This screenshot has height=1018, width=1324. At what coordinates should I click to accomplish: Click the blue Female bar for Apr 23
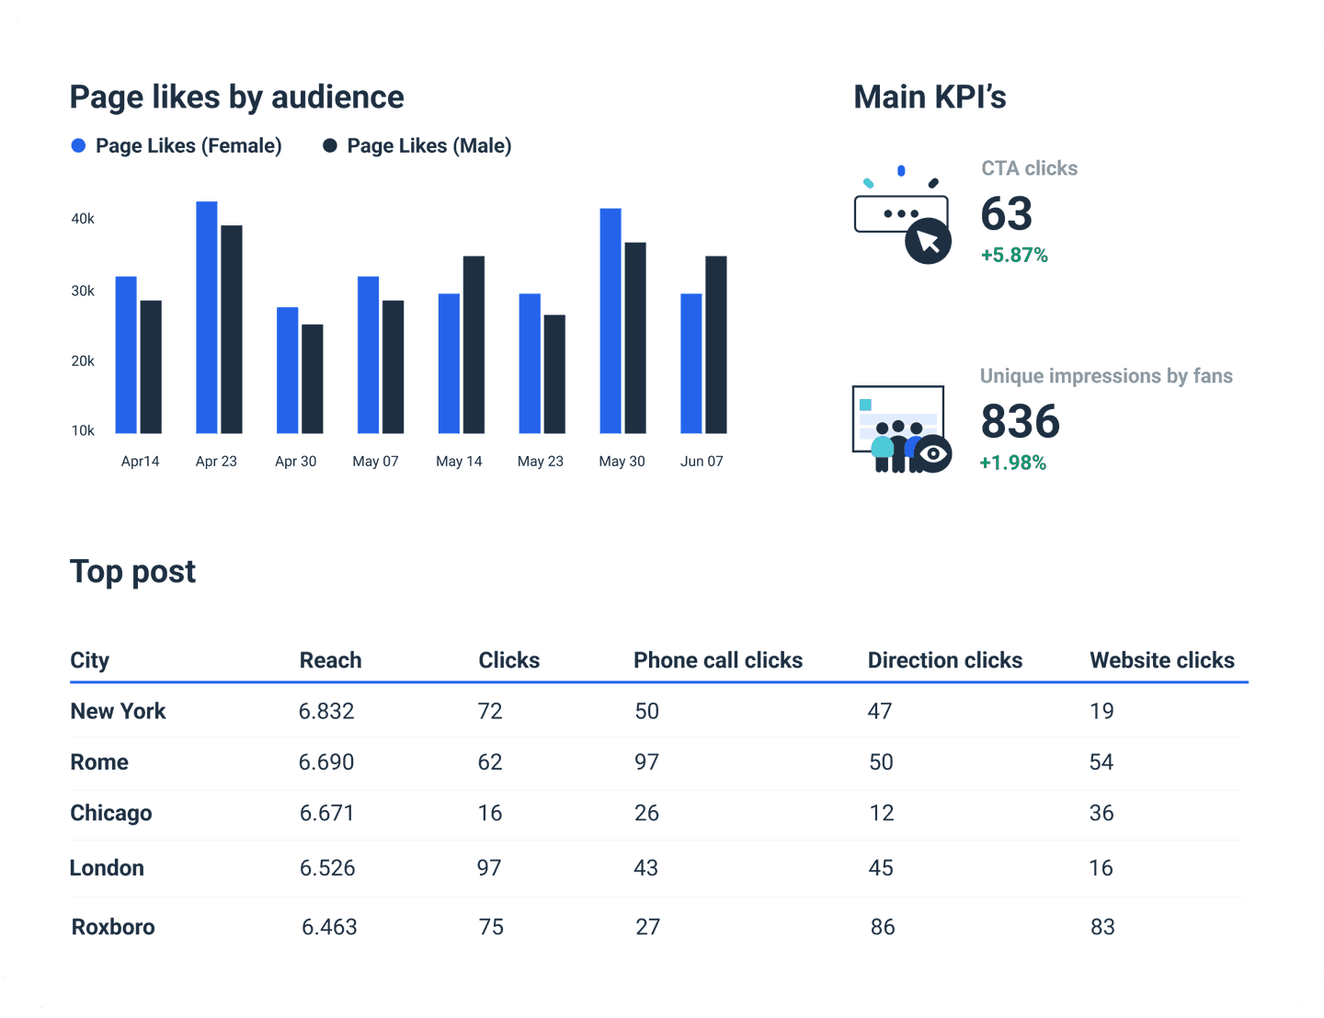[x=207, y=317]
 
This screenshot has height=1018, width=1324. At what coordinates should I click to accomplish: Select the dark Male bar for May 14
[x=474, y=345]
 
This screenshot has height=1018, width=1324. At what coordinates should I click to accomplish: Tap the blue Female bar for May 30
[x=611, y=321]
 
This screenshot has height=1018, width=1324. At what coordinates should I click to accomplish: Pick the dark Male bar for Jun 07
[x=716, y=345]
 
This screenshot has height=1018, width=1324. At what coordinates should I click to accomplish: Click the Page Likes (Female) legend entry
[x=177, y=146]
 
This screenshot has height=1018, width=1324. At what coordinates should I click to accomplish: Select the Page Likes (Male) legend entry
[x=417, y=146]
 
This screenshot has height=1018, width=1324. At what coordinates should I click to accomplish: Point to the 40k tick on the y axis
[x=83, y=219]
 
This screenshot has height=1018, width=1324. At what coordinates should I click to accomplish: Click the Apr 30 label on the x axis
[x=295, y=462]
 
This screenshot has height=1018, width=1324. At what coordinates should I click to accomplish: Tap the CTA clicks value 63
[x=1007, y=214]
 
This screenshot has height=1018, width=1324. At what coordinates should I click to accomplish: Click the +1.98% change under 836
[x=1013, y=463]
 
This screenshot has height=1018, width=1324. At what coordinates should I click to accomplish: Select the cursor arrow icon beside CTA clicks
[x=928, y=241]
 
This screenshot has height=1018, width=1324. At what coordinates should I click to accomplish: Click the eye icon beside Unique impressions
[x=934, y=453]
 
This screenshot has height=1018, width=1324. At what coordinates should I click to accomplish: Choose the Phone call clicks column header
[x=717, y=660]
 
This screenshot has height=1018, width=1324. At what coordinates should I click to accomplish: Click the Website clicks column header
[x=1161, y=660]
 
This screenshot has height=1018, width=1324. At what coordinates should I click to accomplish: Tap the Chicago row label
[x=111, y=813]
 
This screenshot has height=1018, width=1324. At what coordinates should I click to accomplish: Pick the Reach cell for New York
[x=326, y=711]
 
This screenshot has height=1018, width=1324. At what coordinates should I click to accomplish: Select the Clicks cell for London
[x=489, y=868]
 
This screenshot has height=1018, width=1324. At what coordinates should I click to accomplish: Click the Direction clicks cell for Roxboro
[x=882, y=927]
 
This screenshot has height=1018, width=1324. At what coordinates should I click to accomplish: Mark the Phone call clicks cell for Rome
[x=646, y=762]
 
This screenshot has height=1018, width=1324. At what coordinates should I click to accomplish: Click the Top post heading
[x=133, y=572]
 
